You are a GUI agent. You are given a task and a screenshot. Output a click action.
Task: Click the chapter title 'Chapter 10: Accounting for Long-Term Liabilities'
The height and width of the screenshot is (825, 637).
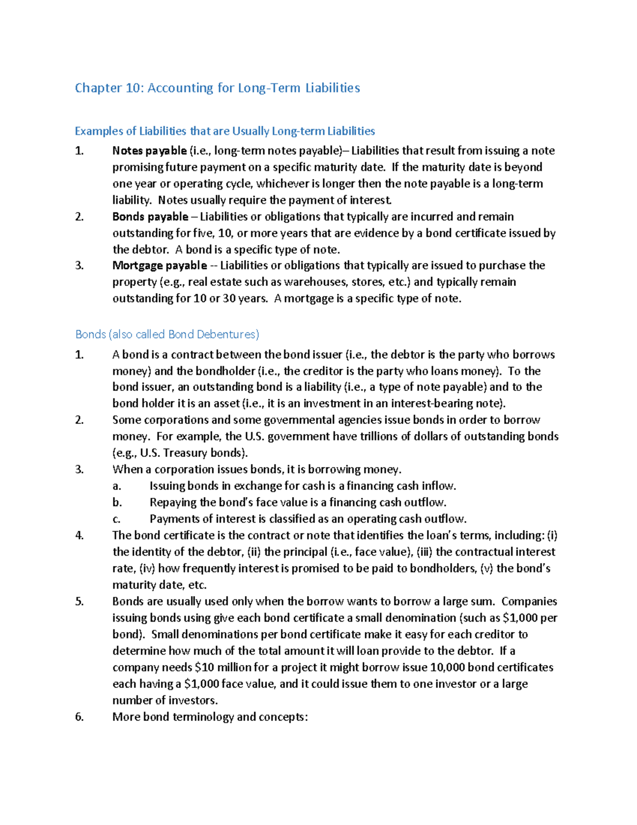[x=217, y=88]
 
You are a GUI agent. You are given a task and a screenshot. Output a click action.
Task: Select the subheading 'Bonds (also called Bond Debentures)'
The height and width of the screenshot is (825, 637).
[x=167, y=334]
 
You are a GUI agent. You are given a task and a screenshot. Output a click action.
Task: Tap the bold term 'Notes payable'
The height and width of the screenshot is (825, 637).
[x=149, y=151]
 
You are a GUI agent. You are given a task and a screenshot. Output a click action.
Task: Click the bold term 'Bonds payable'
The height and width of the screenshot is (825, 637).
[x=150, y=217]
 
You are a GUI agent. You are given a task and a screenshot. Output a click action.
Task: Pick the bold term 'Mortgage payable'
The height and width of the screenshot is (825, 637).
[x=159, y=266]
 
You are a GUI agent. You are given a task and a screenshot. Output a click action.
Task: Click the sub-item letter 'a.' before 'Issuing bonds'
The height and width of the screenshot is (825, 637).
[x=117, y=486]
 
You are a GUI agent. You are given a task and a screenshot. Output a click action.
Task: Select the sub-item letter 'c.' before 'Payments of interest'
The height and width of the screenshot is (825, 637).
[x=116, y=519]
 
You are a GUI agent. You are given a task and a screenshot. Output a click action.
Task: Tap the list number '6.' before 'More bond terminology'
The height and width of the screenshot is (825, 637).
[x=79, y=717]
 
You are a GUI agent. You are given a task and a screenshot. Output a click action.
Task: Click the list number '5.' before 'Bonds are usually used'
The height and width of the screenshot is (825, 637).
[x=79, y=602]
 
